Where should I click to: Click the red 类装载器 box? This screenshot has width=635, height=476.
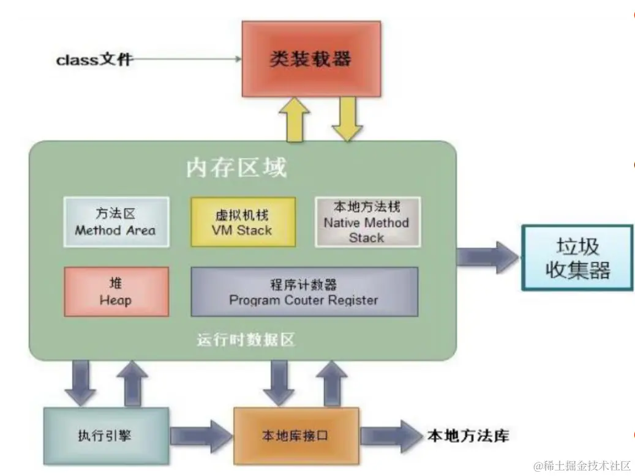point(310,59)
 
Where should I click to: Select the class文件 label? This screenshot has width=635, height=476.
point(94,60)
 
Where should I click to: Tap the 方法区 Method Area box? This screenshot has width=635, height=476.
point(116,221)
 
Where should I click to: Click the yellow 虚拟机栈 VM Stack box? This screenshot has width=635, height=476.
point(242,221)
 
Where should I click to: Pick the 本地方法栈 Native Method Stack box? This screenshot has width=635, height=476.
point(367,221)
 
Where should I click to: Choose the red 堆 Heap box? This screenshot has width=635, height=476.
point(116,291)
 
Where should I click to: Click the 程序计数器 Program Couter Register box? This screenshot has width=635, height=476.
point(304,292)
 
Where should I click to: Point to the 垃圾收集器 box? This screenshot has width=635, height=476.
point(577,258)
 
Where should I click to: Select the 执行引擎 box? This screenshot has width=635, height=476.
point(106,436)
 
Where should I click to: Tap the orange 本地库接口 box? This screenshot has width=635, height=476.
point(296,436)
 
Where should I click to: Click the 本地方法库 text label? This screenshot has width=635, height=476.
point(468,436)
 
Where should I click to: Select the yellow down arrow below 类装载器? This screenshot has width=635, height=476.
point(347,120)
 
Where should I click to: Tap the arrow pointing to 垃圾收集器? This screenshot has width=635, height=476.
point(487,256)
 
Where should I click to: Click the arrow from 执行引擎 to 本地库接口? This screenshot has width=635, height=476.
point(201,436)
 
